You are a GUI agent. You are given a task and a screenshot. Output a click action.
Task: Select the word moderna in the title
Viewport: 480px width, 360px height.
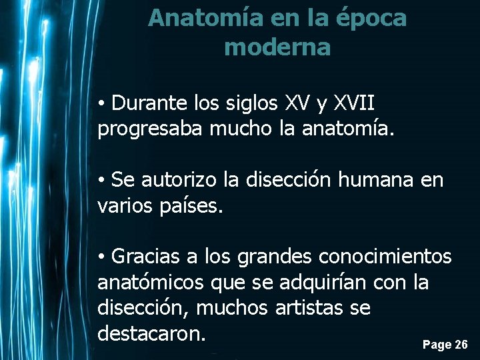[277, 47]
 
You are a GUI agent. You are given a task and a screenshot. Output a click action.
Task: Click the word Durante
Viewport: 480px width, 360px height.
[151, 103]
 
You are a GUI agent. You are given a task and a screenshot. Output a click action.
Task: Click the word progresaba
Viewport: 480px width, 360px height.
[150, 128]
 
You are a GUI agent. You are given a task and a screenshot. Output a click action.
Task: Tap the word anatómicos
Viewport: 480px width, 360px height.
[151, 282]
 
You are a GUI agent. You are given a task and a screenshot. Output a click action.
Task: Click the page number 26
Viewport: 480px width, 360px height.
[461, 345]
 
